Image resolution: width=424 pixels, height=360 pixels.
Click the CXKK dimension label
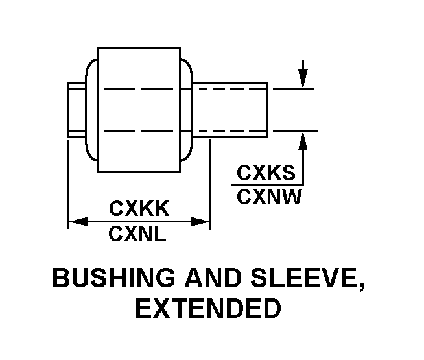[x=139, y=209]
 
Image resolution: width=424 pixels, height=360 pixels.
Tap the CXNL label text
[x=138, y=234]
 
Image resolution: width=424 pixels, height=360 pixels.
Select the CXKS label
[x=266, y=173]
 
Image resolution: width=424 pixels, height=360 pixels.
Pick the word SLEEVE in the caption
[x=306, y=279]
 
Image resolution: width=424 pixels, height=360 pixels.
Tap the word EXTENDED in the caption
[x=207, y=308]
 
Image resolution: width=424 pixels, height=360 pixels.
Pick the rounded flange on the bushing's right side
[x=187, y=110]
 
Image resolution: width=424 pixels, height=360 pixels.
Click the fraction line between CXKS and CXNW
[x=266, y=185]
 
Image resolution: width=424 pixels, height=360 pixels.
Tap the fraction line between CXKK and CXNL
[x=139, y=221]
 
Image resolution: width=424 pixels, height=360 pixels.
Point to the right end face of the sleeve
[x=266, y=110]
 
